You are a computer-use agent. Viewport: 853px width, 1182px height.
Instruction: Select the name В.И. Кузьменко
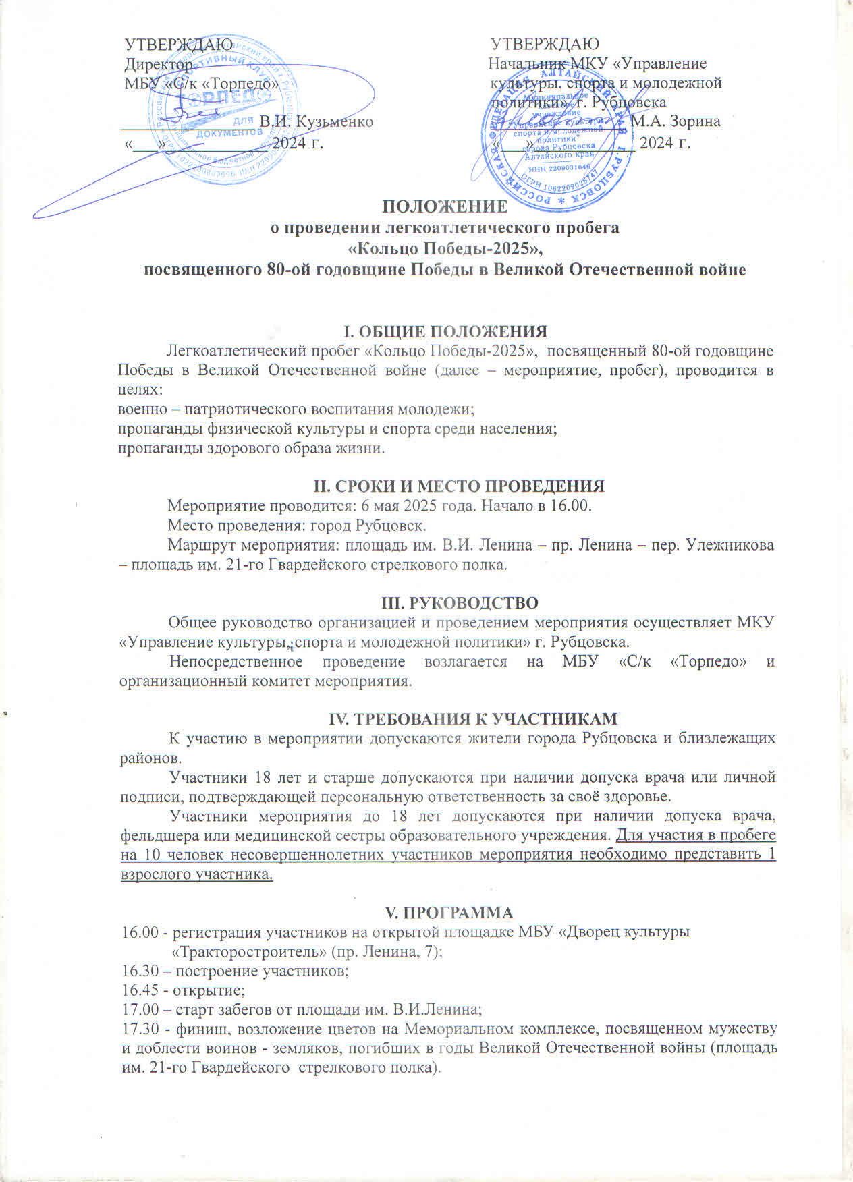[x=316, y=122]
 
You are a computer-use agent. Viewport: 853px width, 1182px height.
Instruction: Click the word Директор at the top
[x=159, y=65]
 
